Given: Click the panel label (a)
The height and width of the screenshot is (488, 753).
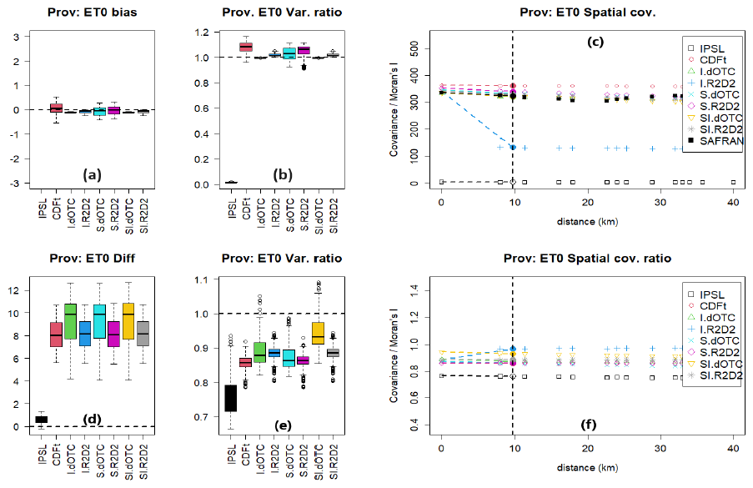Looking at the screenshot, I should pyautogui.click(x=92, y=174).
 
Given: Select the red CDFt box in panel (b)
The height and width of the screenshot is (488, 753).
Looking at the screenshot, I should pyautogui.click(x=246, y=47).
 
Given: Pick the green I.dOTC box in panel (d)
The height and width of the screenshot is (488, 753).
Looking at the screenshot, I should pyautogui.click(x=70, y=321).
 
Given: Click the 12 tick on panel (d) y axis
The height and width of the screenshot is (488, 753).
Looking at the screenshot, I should pyautogui.click(x=13, y=289).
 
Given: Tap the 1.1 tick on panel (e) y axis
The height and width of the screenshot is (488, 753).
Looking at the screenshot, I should pyautogui.click(x=199, y=279).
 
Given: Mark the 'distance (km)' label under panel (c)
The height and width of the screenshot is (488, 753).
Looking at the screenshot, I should pyautogui.click(x=587, y=220).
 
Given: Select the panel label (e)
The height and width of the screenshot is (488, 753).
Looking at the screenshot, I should pyautogui.click(x=284, y=425).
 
